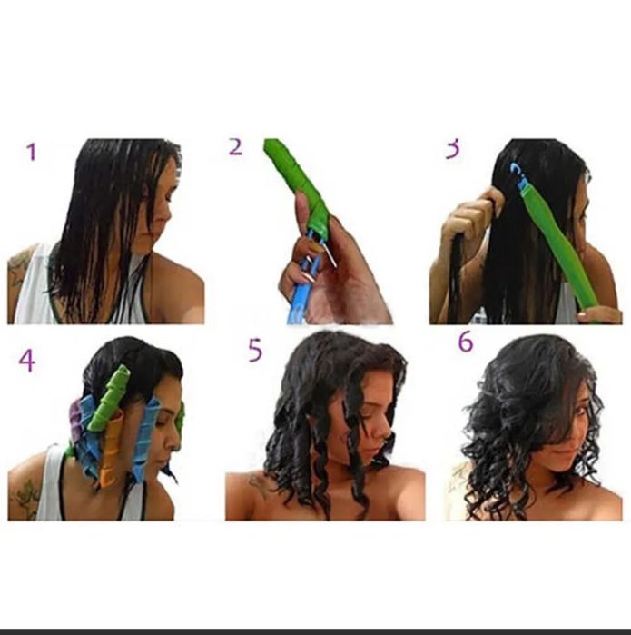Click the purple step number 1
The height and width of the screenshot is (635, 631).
coord(32,152)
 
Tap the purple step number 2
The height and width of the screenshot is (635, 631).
coord(235,146)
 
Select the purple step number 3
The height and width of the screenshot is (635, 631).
coord(453,149)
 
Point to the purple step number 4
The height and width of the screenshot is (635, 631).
coord(26,361)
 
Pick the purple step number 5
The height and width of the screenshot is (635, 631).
coord(255,351)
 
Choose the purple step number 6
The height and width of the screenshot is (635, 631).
coord(466,342)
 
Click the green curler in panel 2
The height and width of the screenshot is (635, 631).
coord(299,186)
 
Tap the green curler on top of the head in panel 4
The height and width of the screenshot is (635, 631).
coord(109,397)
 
